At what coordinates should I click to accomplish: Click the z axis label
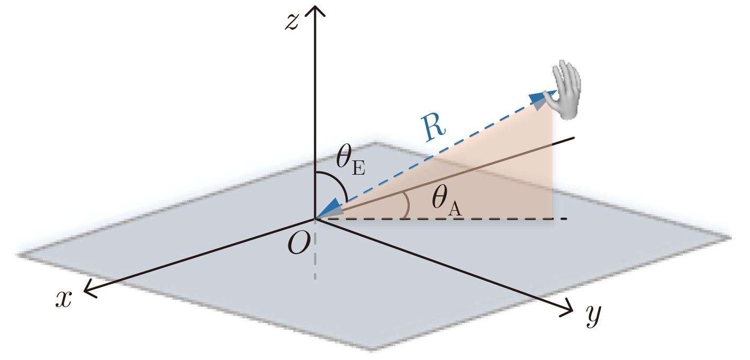292,23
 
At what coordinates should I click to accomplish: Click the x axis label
64,299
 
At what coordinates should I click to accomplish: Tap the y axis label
594,315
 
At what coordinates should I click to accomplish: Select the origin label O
299,244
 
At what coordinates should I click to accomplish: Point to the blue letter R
433,128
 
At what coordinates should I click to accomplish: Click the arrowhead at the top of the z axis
314,10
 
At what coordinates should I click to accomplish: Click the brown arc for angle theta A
406,205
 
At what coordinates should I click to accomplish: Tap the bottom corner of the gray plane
372,350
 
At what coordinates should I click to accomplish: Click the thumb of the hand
549,97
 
